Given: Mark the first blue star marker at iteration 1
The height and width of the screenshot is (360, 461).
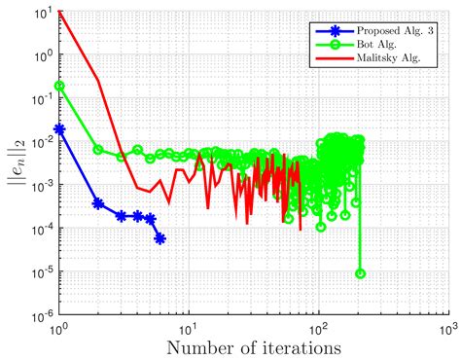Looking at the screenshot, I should (60, 128).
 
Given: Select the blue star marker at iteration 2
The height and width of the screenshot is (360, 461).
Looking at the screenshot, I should (98, 203).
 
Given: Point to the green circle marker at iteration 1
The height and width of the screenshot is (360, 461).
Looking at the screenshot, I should (60, 86).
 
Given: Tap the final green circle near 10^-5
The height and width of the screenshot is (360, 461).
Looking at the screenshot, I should (361, 273).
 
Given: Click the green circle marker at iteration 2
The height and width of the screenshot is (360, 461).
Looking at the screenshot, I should (98, 149).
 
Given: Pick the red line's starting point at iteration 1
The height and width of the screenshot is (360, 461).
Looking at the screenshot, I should (60, 10).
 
